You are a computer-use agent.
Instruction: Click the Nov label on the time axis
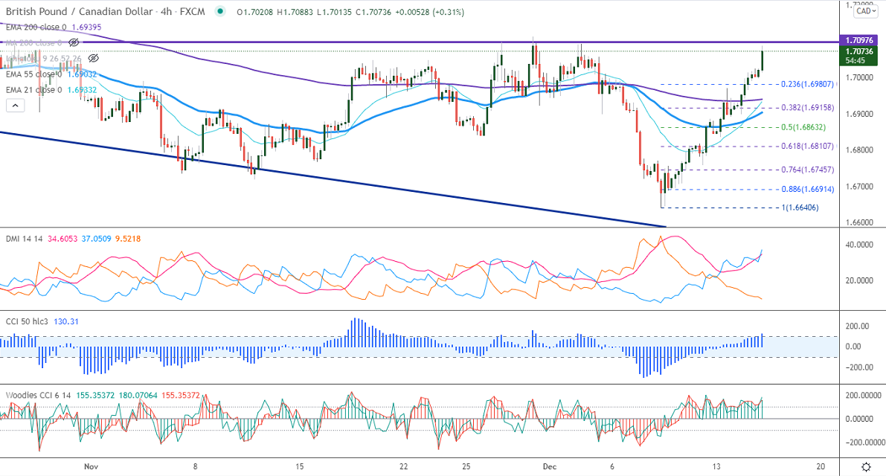point(92,466)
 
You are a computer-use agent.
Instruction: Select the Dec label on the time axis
point(549,466)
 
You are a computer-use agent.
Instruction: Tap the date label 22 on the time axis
point(403,466)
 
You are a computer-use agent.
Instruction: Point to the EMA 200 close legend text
point(37,27)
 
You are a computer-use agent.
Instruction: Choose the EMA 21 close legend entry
point(34,90)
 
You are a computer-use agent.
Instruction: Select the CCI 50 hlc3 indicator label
point(30,321)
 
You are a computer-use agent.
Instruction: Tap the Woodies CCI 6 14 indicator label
point(42,395)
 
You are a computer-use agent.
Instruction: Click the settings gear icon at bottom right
point(867,466)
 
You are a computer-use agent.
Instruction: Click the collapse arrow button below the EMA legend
point(15,106)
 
